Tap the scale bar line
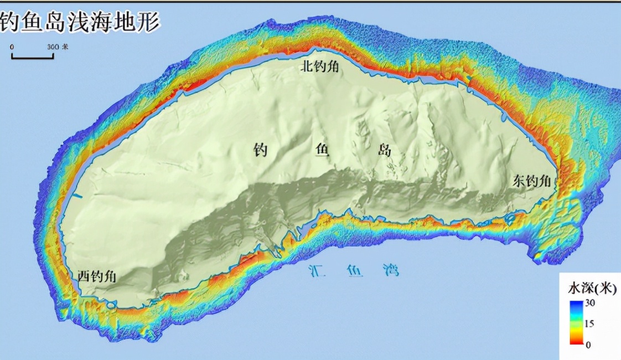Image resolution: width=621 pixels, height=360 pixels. pos(33,57)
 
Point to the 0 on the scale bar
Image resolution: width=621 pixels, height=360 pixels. pos(12,47)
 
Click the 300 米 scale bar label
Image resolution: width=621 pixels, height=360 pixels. pos(58,47)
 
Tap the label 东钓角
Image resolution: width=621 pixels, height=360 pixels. pos(532,181)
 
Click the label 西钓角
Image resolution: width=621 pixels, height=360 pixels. pos(96,276)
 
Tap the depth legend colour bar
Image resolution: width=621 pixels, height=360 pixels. pos(576,323)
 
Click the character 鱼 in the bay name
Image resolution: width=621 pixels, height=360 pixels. pos(353,271)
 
